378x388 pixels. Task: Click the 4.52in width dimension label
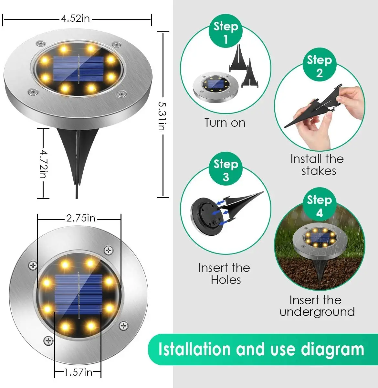click(75, 18)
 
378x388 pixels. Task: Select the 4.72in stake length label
click(44, 163)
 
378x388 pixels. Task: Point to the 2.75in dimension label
click(81, 218)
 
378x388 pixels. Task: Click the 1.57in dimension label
click(78, 372)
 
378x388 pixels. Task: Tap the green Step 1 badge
click(226, 32)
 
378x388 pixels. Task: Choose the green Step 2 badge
click(319, 66)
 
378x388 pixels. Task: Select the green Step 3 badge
click(226, 169)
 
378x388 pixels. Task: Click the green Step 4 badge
click(319, 206)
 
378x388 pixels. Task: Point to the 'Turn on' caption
click(225, 123)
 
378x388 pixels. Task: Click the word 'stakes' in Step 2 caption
click(319, 171)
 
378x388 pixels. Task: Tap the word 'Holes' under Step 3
click(226, 280)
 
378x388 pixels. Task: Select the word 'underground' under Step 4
click(317, 312)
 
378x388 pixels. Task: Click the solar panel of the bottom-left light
click(79, 294)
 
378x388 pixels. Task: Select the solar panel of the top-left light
click(79, 69)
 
